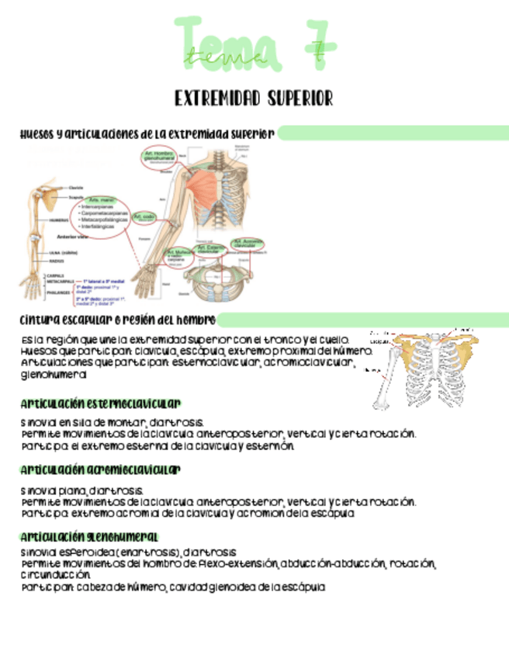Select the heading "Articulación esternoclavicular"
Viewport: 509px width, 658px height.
click(101, 403)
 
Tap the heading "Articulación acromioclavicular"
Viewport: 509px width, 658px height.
click(101, 470)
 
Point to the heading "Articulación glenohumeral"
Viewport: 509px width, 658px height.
click(89, 537)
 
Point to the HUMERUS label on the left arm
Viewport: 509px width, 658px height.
click(61, 220)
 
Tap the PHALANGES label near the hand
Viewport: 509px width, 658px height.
click(56, 293)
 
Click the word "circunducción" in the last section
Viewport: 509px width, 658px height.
click(57, 576)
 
